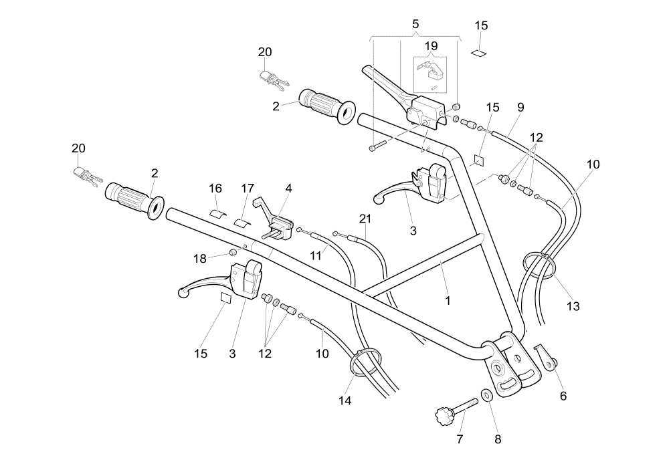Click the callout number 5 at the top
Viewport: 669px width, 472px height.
click(x=415, y=24)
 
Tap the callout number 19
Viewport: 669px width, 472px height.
click(x=432, y=46)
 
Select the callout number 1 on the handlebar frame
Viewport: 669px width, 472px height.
click(x=448, y=301)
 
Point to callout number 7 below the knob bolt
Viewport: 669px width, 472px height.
click(x=460, y=439)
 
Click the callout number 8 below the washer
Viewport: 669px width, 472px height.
click(x=498, y=439)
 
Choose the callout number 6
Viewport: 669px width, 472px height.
click(x=563, y=396)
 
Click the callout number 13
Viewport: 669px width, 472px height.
click(x=573, y=306)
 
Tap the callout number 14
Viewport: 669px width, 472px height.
click(x=345, y=400)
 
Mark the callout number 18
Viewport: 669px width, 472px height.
click(x=199, y=259)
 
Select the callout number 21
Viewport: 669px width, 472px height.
click(x=365, y=219)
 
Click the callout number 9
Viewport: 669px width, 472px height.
click(x=520, y=108)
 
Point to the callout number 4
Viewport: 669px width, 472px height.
click(x=288, y=188)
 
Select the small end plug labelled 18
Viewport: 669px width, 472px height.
click(x=233, y=252)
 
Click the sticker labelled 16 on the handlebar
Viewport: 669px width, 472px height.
click(x=218, y=213)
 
